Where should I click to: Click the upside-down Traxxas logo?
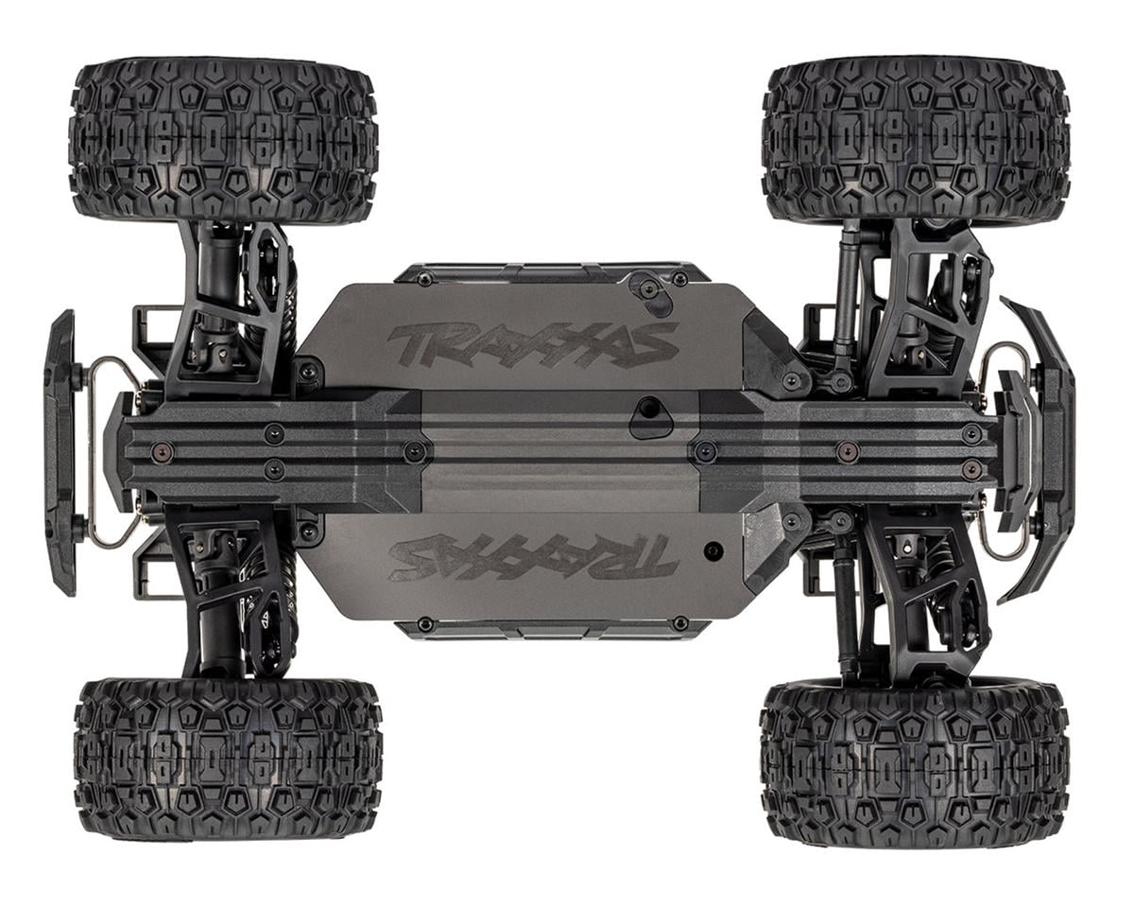pyautogui.click(x=533, y=556)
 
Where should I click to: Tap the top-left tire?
pyautogui.click(x=224, y=140)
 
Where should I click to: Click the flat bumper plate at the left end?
pyautogui.click(x=60, y=452)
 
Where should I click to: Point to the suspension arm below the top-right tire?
pyautogui.click(x=921, y=303)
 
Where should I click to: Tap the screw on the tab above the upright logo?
pyautogui.click(x=648, y=287)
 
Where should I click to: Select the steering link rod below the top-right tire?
pyautogui.click(x=844, y=303)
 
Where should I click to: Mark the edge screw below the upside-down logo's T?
pyautogui.click(x=680, y=623)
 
